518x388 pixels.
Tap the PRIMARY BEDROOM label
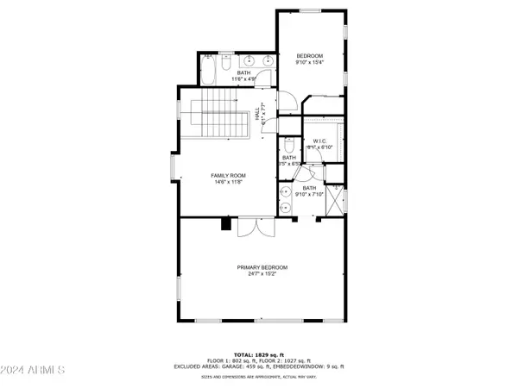262,267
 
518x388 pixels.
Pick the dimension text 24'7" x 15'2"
262,274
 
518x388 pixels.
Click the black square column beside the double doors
226,224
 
